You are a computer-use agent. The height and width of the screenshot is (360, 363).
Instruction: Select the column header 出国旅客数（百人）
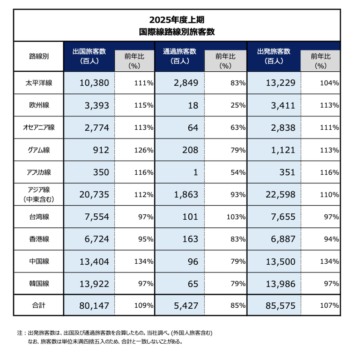(x=89, y=56)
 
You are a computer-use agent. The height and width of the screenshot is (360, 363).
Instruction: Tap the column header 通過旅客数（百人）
(x=180, y=56)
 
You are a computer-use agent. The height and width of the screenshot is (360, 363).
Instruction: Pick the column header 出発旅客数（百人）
(x=274, y=56)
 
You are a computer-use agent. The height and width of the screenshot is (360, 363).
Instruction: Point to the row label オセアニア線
(x=39, y=128)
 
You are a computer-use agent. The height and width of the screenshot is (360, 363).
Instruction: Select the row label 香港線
(x=39, y=239)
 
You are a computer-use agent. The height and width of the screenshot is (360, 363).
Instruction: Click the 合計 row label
(x=39, y=306)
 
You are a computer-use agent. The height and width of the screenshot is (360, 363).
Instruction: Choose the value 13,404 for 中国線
(x=94, y=262)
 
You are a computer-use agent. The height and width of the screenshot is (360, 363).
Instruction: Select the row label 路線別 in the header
(x=39, y=56)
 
